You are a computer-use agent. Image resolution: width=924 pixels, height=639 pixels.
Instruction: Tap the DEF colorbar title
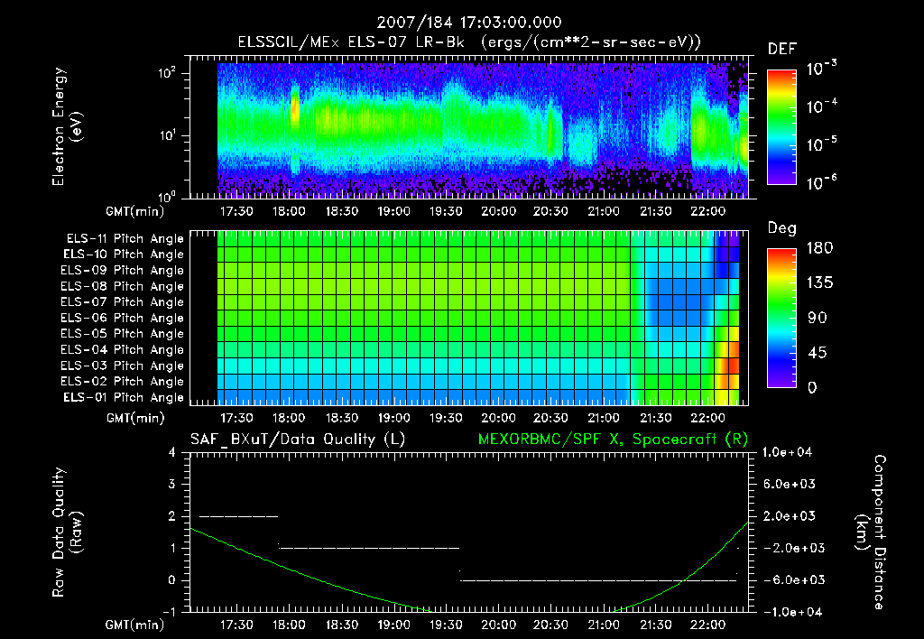pyautogui.click(x=781, y=49)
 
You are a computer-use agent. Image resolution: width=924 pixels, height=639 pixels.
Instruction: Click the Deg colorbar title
pyautogui.click(x=781, y=228)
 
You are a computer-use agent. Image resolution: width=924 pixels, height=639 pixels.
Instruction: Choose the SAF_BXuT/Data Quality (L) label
pyautogui.click(x=297, y=439)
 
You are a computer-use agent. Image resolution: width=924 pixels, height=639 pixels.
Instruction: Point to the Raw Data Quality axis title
pyautogui.click(x=67, y=532)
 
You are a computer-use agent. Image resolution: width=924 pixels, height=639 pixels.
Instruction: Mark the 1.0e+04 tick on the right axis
pyautogui.click(x=789, y=452)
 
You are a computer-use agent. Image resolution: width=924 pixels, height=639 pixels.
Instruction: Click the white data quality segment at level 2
pyautogui.click(x=238, y=516)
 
